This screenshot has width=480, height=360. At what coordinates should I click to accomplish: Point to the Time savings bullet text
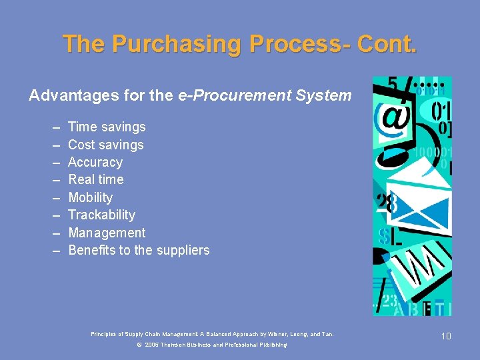107,127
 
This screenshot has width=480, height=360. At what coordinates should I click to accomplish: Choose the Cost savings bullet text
105,145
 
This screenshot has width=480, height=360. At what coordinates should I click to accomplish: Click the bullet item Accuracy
95,162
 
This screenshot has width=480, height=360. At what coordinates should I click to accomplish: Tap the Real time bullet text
95,179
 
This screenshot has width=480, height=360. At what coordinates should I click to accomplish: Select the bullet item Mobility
90,197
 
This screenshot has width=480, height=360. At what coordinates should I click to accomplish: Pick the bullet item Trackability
101,215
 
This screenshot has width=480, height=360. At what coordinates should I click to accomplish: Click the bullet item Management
107,233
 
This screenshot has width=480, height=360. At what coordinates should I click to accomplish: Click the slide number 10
446,336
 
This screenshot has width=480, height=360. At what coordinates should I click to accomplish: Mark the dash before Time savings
54,127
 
